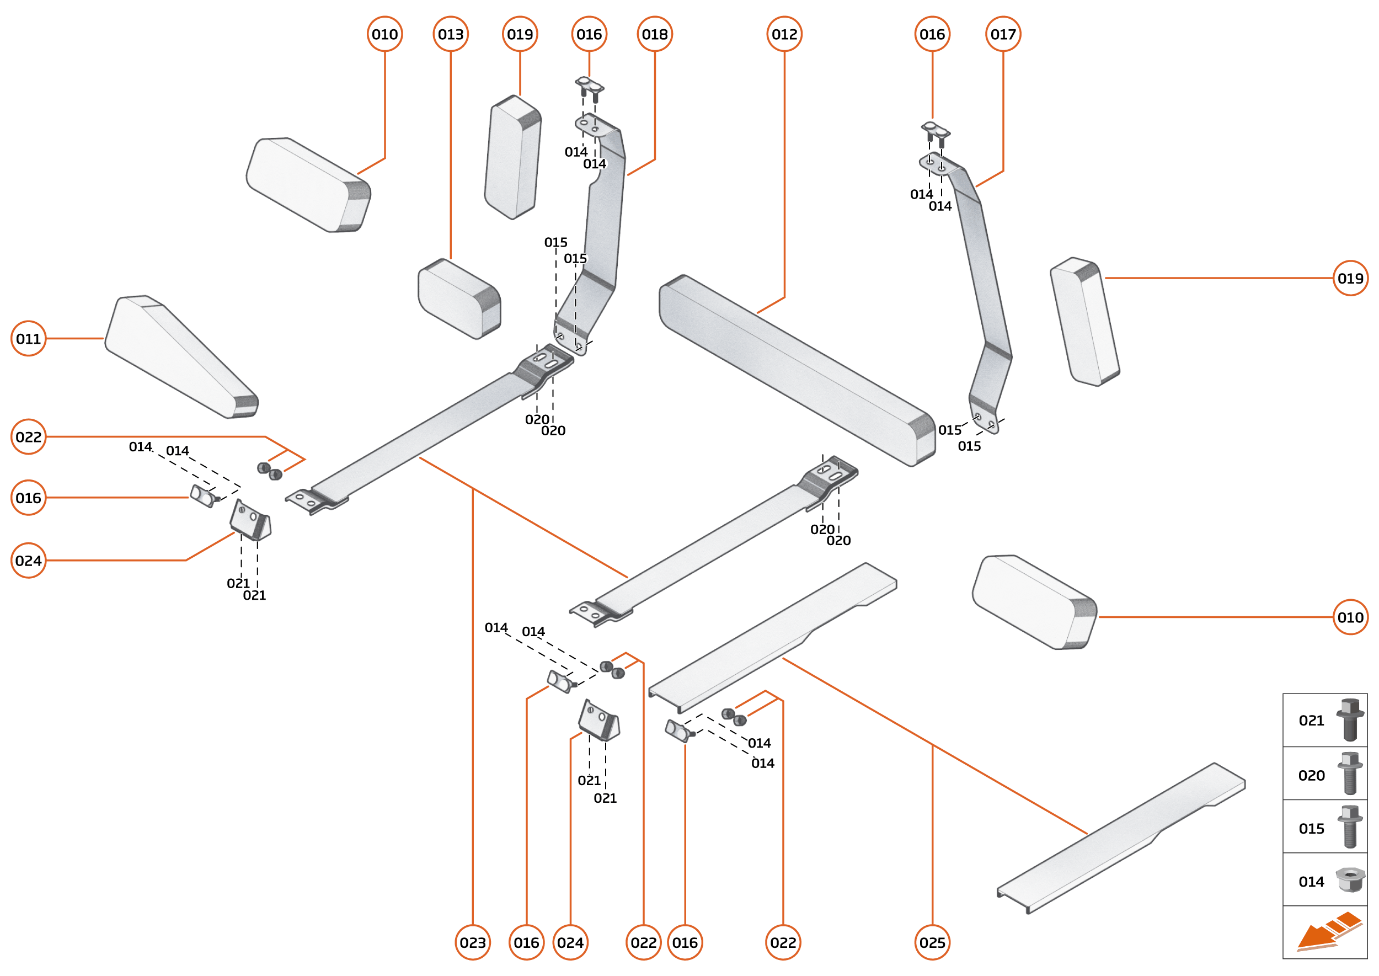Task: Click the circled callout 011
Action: click(28, 338)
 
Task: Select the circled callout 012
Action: click(784, 34)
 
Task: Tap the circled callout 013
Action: click(451, 34)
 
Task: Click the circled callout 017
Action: click(1003, 34)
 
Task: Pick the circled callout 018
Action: click(654, 34)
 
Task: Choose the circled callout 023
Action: click(473, 942)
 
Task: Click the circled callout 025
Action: click(932, 942)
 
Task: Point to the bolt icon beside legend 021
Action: click(1350, 719)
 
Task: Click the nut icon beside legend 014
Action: click(1350, 881)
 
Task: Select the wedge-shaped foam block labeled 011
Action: click(180, 358)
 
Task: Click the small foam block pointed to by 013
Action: click(459, 298)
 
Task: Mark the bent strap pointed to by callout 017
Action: click(985, 282)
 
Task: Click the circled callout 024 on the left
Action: click(28, 560)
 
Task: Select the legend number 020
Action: click(1311, 775)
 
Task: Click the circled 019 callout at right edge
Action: click(1350, 278)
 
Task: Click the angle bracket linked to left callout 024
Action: click(250, 520)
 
